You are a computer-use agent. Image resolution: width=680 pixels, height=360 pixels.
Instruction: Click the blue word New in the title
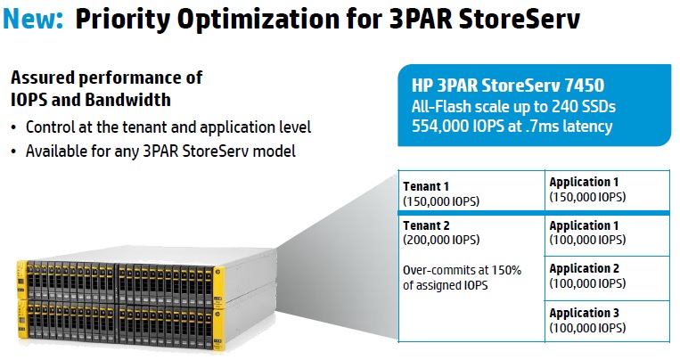(x=32, y=19)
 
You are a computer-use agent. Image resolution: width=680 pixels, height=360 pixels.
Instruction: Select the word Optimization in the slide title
(x=258, y=20)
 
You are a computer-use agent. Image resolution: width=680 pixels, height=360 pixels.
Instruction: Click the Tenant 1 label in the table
(x=426, y=186)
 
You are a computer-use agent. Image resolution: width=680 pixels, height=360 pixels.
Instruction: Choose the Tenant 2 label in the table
(x=426, y=225)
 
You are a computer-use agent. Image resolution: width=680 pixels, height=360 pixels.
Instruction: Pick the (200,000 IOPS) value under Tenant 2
(x=441, y=240)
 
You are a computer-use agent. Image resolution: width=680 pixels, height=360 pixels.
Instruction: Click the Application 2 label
(x=584, y=268)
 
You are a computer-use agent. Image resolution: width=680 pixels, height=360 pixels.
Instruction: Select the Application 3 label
(x=584, y=313)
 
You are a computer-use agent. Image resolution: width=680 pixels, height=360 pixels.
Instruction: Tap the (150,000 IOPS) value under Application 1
(x=587, y=197)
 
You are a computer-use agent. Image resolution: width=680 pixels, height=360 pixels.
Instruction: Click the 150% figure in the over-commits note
(x=506, y=270)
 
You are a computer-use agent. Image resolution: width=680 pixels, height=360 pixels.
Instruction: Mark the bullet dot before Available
(x=14, y=151)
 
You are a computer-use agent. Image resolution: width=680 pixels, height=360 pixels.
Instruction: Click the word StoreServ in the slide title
(x=519, y=19)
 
